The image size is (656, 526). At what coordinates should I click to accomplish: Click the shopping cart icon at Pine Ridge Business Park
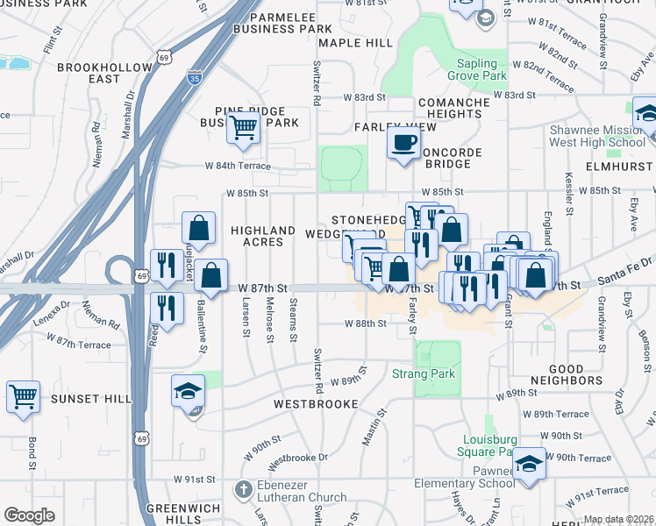tap(243, 128)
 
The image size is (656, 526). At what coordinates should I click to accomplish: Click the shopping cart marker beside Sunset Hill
tap(23, 396)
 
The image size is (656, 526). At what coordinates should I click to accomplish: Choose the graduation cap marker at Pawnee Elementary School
tap(530, 463)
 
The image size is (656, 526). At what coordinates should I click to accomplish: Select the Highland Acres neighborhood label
tap(263, 236)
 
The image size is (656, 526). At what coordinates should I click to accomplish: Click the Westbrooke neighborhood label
tap(316, 404)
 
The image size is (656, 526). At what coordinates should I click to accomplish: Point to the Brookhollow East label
tap(89, 73)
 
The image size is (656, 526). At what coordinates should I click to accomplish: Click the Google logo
tap(29, 515)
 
